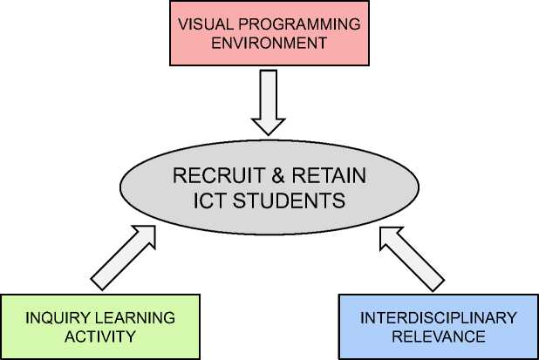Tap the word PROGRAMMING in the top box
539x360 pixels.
(x=286, y=24)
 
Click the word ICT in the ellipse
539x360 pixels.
(x=211, y=200)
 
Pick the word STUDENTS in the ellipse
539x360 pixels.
(x=289, y=200)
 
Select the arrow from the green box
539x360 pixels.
(x=123, y=256)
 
